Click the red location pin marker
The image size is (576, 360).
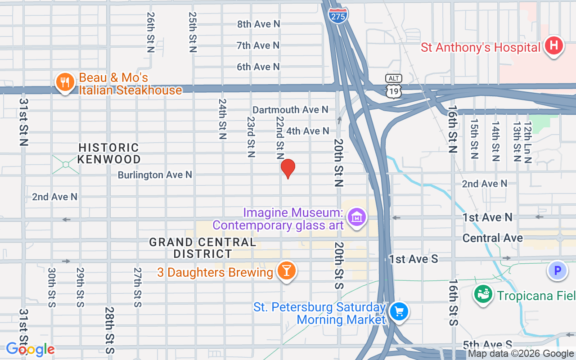[288, 168]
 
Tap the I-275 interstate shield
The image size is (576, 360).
[338, 15]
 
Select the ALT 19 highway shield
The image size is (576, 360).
[393, 86]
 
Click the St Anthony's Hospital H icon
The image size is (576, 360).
[553, 45]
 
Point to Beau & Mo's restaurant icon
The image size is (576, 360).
[65, 82]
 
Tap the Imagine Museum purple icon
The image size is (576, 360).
[357, 218]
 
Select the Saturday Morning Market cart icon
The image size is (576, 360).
[398, 311]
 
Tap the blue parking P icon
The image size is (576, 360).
[558, 271]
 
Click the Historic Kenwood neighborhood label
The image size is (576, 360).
[109, 153]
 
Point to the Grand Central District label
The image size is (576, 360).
[202, 248]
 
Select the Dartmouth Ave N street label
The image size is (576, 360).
[290, 110]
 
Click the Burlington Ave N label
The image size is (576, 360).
[155, 175]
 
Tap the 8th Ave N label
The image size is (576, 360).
[258, 24]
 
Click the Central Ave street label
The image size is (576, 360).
[492, 238]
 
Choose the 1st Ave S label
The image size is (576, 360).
[414, 259]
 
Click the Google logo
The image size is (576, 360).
[30, 349]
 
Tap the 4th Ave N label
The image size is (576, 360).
[308, 131]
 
